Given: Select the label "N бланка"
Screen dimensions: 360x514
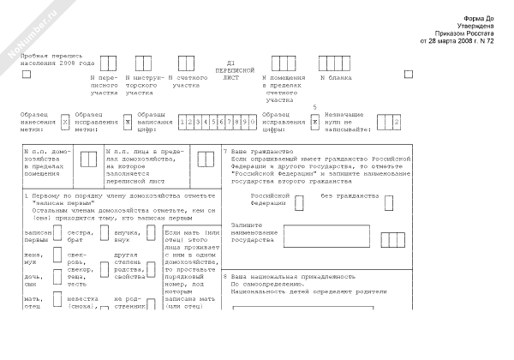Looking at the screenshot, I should [336, 78].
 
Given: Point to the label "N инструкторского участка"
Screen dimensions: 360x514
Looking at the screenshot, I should [143, 85].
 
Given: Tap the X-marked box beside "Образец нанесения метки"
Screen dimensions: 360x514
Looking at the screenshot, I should [65, 123].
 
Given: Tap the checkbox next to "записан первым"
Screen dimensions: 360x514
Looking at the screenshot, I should [58, 236].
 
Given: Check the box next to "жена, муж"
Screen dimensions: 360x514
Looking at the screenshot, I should [58, 256].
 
